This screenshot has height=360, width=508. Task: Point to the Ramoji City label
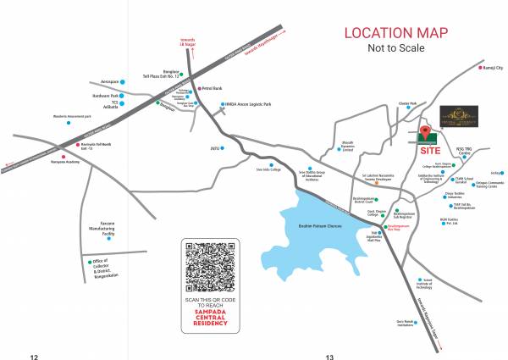coord(494,66)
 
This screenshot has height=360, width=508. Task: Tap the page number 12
coord(35,356)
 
